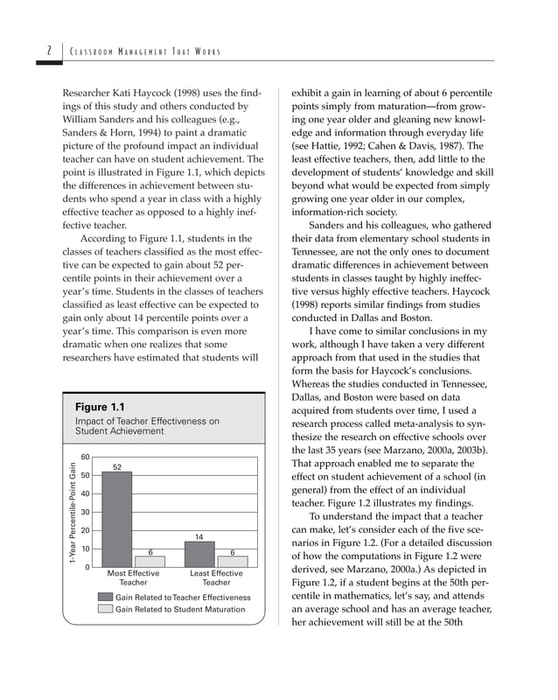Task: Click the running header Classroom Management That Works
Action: click(x=147, y=52)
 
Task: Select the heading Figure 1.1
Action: click(x=100, y=408)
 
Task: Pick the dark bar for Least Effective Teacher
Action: click(x=199, y=555)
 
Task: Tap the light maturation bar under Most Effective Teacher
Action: click(x=150, y=562)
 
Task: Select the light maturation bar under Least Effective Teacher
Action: click(x=233, y=562)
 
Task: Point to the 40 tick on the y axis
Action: click(x=85, y=494)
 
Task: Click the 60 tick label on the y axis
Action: click(x=85, y=458)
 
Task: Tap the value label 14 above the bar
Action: click(x=199, y=536)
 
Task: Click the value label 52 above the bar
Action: click(x=116, y=466)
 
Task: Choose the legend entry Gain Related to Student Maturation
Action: click(x=180, y=609)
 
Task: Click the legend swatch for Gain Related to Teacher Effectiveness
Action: click(x=106, y=597)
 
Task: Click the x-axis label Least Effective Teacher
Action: click(x=216, y=577)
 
